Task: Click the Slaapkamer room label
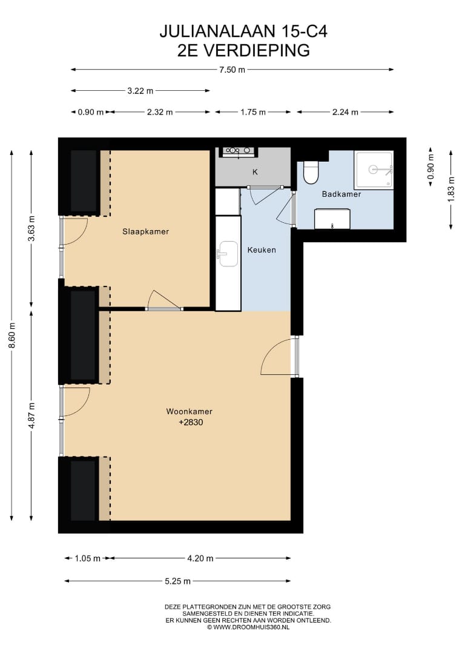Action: pyautogui.click(x=145, y=231)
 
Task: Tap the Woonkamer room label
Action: pyautogui.click(x=190, y=411)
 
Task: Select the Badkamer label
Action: pyautogui.click(x=342, y=194)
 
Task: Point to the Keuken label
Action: pyautogui.click(x=262, y=250)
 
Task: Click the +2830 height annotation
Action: pyautogui.click(x=191, y=422)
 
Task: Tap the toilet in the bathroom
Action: pyautogui.click(x=311, y=172)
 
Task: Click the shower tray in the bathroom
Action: pyautogui.click(x=374, y=170)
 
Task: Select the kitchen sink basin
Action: pyautogui.click(x=228, y=254)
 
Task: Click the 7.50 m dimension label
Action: pyautogui.click(x=233, y=70)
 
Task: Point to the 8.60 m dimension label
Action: pyautogui.click(x=12, y=335)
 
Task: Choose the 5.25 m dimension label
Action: pyautogui.click(x=177, y=581)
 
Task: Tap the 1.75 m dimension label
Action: pyautogui.click(x=253, y=112)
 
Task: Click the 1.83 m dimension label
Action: pyautogui.click(x=451, y=190)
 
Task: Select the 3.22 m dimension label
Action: pyautogui.click(x=140, y=90)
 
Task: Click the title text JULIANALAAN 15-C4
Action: pyautogui.click(x=243, y=31)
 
